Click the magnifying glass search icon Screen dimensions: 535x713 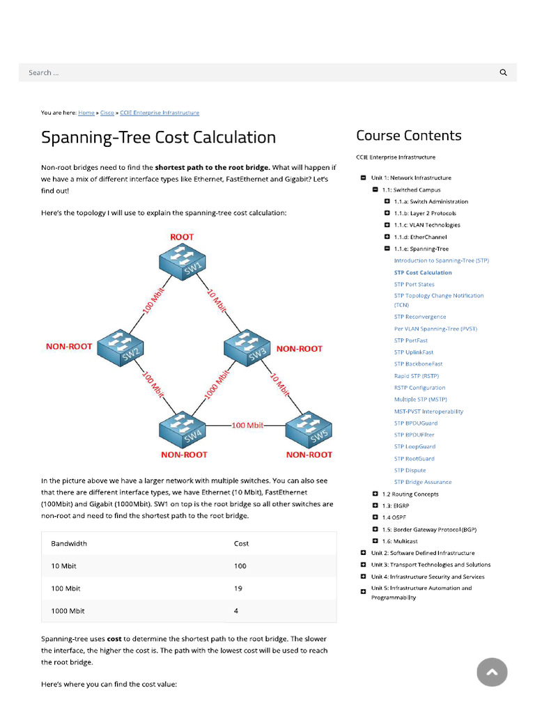pos(504,72)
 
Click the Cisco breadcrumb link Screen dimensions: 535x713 pos(107,113)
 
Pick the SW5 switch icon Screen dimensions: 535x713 pos(309,430)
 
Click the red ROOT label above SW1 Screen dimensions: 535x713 pos(182,237)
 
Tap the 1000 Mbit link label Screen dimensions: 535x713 pos(216,385)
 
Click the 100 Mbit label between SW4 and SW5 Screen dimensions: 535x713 pos(247,425)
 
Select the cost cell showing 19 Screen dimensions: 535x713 pos(238,588)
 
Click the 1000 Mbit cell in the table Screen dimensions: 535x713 pos(68,611)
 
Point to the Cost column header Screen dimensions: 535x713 pos(241,543)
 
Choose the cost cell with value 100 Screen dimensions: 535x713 pos(240,566)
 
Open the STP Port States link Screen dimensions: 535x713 pos(414,284)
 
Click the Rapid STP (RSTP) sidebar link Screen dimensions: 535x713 pos(416,376)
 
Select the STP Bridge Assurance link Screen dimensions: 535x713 pos(423,482)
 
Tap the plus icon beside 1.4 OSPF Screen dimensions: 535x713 pos(375,517)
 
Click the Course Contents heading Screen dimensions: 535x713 pos(409,136)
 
